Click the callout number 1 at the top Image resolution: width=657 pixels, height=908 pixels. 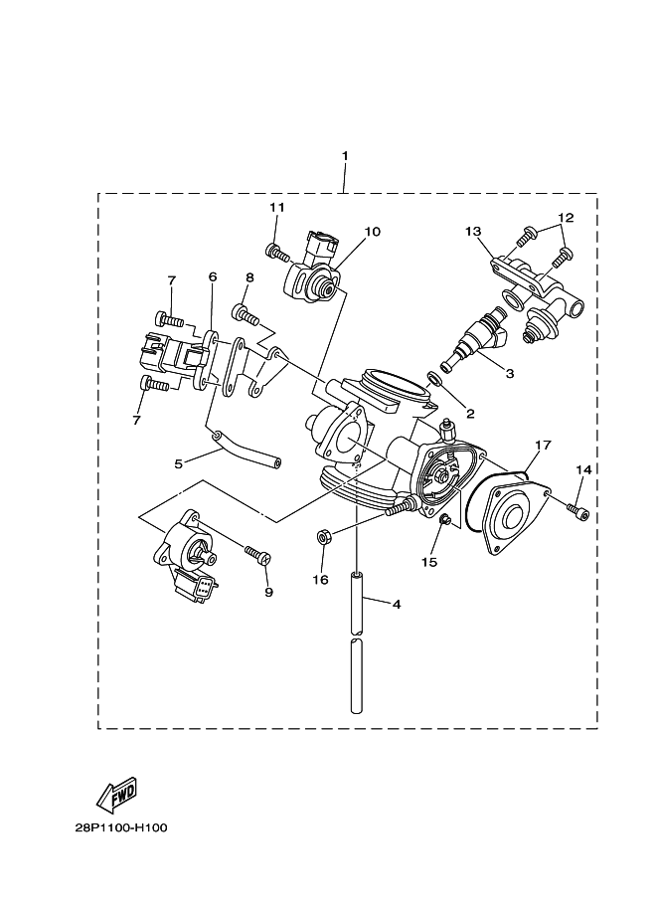344,156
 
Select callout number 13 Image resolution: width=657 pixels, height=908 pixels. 473,232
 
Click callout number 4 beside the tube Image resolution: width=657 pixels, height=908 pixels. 396,603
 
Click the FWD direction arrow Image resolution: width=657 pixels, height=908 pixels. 116,793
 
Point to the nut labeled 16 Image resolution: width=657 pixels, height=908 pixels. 323,538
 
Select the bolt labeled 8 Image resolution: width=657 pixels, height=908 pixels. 246,317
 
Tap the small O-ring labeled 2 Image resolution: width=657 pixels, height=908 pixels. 435,378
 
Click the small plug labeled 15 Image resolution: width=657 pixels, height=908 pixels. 444,519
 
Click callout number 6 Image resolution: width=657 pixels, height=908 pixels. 212,276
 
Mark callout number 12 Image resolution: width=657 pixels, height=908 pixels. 566,217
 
